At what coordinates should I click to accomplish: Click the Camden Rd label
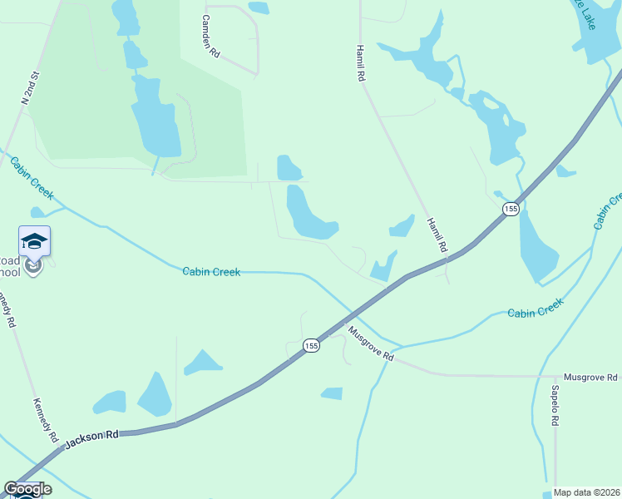(212, 37)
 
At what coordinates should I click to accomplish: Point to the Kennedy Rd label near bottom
(44, 420)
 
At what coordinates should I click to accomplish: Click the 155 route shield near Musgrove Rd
(311, 345)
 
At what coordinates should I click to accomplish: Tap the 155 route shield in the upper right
(511, 209)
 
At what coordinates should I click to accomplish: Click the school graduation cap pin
(34, 242)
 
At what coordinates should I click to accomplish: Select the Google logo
(27, 489)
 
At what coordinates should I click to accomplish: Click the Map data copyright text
(586, 492)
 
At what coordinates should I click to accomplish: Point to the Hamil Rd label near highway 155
(437, 235)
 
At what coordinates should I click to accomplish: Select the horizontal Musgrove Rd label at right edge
(591, 377)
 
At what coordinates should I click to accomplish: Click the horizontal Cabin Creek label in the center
(211, 272)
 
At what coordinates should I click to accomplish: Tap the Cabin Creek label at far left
(32, 177)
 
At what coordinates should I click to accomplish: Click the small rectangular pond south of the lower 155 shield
(332, 393)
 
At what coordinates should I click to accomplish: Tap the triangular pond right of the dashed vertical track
(202, 363)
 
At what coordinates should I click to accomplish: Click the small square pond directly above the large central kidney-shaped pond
(289, 168)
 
